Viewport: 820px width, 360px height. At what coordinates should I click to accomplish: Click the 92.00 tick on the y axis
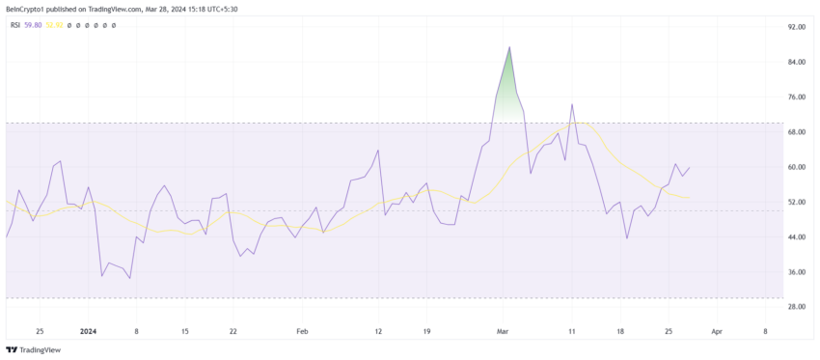pyautogui.click(x=795, y=27)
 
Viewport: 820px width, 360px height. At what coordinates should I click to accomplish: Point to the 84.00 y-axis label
pyautogui.click(x=795, y=63)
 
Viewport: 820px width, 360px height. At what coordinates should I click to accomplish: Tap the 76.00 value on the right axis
pyautogui.click(x=795, y=97)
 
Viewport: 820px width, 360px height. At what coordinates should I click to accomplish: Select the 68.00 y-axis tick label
pyautogui.click(x=795, y=132)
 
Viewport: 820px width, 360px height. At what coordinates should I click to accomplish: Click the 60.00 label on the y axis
pyautogui.click(x=795, y=167)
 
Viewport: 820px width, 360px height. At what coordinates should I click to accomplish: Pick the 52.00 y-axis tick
pyautogui.click(x=795, y=202)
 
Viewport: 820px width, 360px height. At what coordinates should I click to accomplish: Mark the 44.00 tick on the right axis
pyautogui.click(x=795, y=237)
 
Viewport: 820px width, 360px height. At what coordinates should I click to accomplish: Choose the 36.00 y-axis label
pyautogui.click(x=795, y=272)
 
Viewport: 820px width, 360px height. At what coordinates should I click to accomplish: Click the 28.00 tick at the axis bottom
pyautogui.click(x=795, y=307)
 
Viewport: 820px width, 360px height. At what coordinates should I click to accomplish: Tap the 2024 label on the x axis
pyautogui.click(x=89, y=330)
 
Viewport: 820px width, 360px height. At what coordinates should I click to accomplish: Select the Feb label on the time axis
pyautogui.click(x=302, y=330)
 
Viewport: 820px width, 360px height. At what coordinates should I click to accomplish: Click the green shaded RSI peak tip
pyautogui.click(x=509, y=47)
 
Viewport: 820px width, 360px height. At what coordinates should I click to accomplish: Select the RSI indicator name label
pyautogui.click(x=15, y=25)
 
